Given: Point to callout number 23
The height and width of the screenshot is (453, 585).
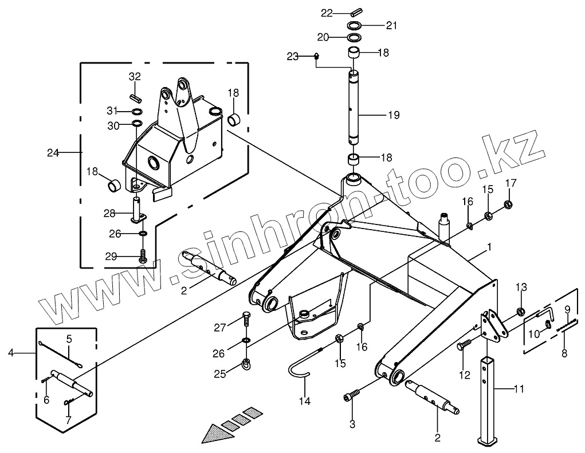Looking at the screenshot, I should [293, 56].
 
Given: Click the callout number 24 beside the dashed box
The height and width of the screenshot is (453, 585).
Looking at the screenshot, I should [53, 152].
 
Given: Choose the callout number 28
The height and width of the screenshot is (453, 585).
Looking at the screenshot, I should [109, 213].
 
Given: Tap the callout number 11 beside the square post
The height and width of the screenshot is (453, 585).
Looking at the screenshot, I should [519, 389].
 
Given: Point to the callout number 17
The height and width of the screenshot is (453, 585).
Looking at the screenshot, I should [510, 183].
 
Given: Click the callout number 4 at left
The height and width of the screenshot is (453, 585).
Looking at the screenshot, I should [11, 353].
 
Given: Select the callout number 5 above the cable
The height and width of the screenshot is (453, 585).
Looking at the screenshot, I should [69, 339].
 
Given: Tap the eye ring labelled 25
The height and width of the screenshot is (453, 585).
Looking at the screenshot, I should [246, 362].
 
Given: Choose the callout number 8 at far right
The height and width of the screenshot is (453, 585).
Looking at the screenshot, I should [564, 353].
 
